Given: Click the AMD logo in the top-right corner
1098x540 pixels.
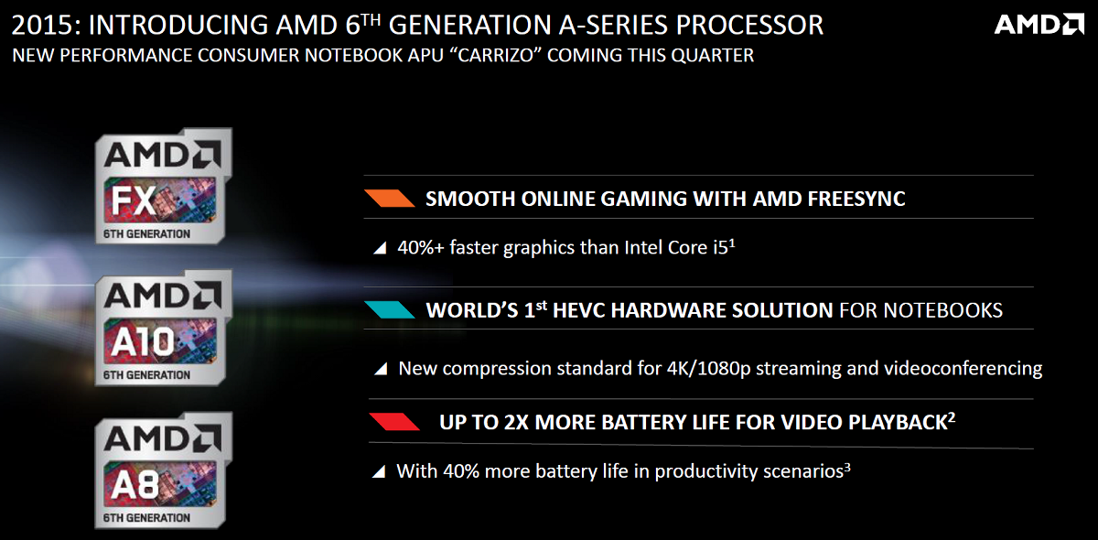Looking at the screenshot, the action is (x=1039, y=25).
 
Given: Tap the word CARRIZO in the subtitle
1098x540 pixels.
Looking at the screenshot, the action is (x=496, y=56).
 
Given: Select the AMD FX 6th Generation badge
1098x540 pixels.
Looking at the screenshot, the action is (x=163, y=186).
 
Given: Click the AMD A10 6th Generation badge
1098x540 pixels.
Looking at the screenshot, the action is (x=163, y=328).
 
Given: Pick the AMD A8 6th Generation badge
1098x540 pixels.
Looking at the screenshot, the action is (x=163, y=470).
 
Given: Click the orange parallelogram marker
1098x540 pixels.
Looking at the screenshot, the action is (x=390, y=198).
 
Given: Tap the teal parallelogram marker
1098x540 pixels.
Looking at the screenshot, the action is (x=390, y=310).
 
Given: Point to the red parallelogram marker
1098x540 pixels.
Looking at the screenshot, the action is (x=394, y=422).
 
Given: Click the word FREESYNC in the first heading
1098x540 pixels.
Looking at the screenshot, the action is (x=856, y=199).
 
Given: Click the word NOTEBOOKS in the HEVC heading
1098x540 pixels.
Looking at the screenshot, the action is (x=942, y=310).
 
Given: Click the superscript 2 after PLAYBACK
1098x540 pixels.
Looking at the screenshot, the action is (x=952, y=417).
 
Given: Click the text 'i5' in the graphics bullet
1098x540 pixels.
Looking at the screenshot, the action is (x=721, y=248).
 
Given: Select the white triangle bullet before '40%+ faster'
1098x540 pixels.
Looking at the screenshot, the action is (x=380, y=248).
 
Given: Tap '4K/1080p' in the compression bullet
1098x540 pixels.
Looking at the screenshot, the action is (x=709, y=369).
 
